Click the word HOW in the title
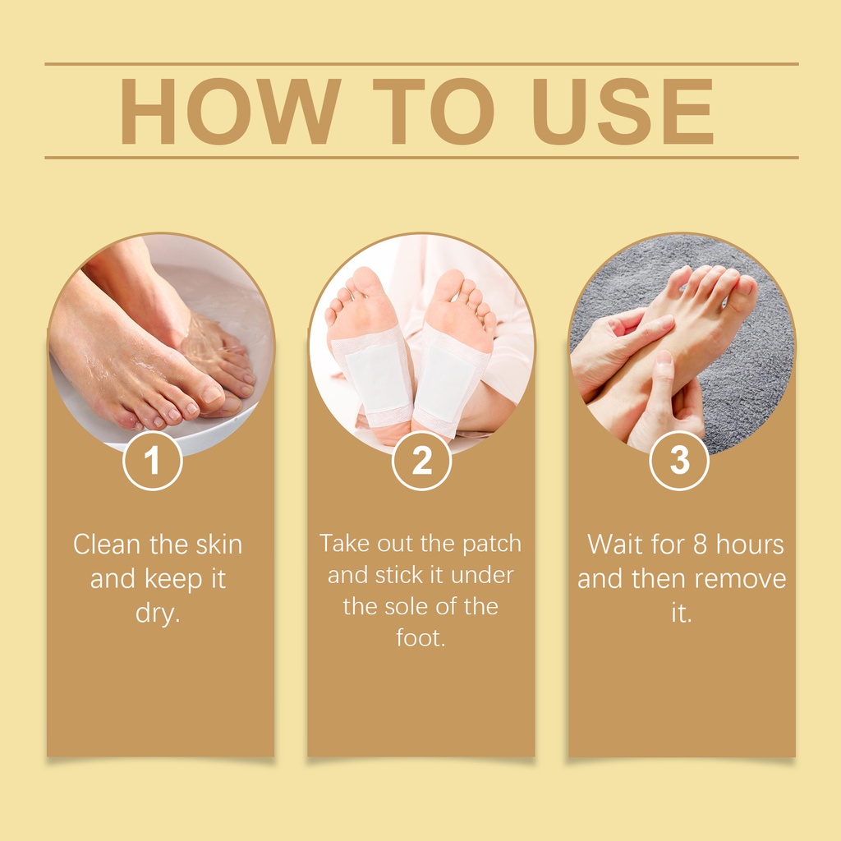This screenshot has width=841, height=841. tap(231, 111)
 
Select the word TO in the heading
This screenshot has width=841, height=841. tap(434, 111)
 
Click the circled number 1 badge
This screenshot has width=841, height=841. tap(153, 461)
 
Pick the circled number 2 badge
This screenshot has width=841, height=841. tap(421, 461)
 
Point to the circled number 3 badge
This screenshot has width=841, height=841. tap(679, 461)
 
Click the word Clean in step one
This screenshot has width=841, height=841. tap(107, 545)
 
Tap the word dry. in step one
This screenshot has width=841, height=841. tap(158, 613)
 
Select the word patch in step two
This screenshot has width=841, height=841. tap(492, 545)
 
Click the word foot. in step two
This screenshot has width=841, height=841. tap(421, 637)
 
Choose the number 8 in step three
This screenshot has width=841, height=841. tap(700, 545)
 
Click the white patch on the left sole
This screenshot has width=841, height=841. tap(377, 378)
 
